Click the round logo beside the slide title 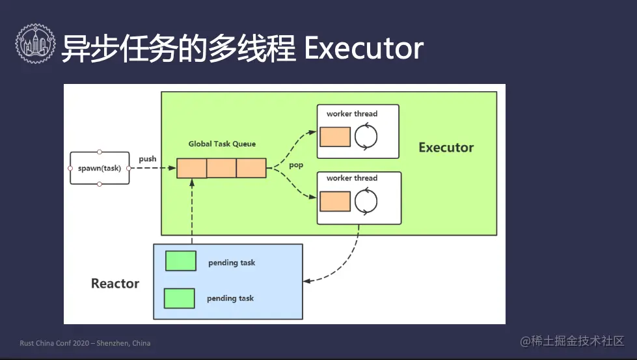coord(35,44)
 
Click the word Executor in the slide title coord(364,48)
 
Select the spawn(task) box coord(100,168)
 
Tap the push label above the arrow coord(148,159)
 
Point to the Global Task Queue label coord(222,144)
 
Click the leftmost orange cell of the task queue coord(192,168)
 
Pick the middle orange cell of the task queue coord(221,168)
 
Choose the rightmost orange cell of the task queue coord(251,168)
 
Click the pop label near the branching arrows coord(296,165)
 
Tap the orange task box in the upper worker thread coord(335,137)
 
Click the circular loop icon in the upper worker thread coord(366,137)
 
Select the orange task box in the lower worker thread coord(335,202)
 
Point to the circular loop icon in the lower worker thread coord(366,201)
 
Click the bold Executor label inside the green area coord(446,148)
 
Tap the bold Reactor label coord(115,283)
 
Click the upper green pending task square coord(181,261)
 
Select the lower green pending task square coord(179,298)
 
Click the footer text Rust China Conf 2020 coord(55,343)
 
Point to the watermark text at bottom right coord(572,341)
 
